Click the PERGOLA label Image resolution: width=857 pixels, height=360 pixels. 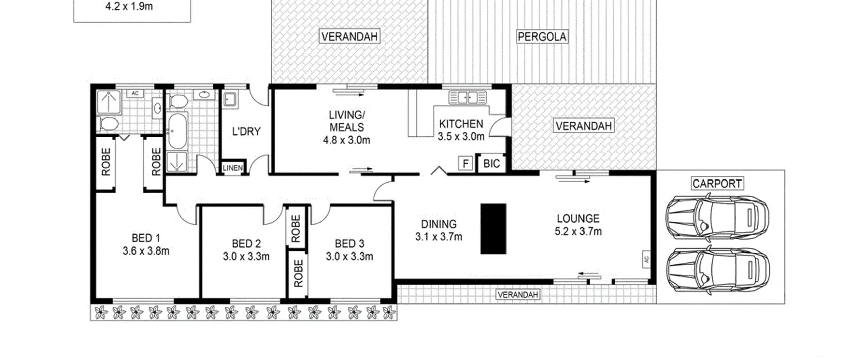[542, 37]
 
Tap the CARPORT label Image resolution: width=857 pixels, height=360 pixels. [717, 184]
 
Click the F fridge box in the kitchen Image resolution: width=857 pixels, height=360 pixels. [465, 164]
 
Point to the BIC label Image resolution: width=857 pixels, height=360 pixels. [492, 164]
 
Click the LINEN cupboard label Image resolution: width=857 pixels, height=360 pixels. [233, 168]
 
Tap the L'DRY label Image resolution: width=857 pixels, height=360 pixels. [246, 131]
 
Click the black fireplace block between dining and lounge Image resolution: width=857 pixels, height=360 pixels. [493, 229]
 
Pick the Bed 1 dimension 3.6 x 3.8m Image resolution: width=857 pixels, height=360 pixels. [146, 251]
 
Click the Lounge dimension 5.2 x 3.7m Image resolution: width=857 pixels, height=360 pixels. [578, 231]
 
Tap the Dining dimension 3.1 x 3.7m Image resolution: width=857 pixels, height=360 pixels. [439, 237]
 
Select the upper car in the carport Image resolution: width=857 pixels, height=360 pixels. [717, 217]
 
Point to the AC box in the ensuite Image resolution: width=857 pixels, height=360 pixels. [135, 93]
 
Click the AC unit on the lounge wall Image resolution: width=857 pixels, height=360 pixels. [646, 259]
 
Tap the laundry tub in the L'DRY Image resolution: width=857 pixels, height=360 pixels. [231, 99]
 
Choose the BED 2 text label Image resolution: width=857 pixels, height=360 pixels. [246, 243]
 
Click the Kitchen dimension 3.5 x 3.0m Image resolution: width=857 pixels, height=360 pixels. [461, 136]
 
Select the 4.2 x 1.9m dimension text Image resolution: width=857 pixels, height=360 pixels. [129, 6]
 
